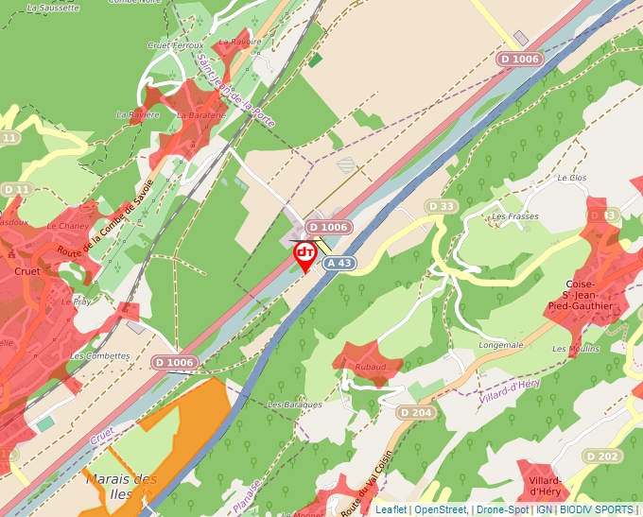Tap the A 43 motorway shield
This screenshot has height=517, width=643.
339,264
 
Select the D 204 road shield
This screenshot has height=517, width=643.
415,412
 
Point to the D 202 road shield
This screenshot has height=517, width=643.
602,457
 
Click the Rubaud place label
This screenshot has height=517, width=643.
370,366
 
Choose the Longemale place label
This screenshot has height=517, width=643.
501,345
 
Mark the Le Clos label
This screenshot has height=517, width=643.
572,177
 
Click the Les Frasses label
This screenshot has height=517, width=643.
514,216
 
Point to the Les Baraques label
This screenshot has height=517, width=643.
294,404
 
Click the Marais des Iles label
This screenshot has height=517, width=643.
120,486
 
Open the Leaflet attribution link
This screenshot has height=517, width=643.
391,509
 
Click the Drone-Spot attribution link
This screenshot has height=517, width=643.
502,509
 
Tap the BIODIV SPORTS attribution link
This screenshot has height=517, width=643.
597,509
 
